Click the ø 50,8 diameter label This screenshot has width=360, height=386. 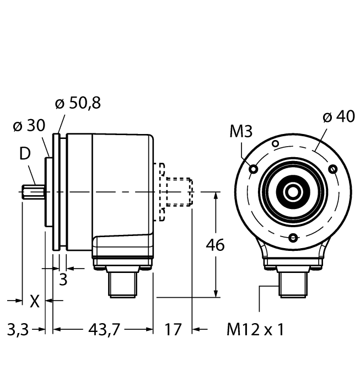pyautogui.click(x=78, y=104)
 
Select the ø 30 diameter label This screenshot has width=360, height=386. pyautogui.click(x=29, y=126)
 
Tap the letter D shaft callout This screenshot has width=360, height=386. pyautogui.click(x=25, y=154)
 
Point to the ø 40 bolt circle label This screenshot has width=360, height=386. pyautogui.click(x=339, y=116)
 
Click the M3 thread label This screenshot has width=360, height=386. pyautogui.click(x=241, y=131)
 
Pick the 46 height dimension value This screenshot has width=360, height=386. pyautogui.click(x=216, y=245)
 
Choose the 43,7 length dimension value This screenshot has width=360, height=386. pyautogui.click(x=104, y=329)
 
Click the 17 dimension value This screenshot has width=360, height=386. pyautogui.click(x=173, y=329)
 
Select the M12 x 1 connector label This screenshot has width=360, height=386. pyautogui.click(x=255, y=329)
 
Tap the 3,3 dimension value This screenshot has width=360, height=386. pyautogui.click(x=18, y=329)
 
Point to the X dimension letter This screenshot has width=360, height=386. pyautogui.click(x=35, y=301)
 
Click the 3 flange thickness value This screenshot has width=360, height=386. pyautogui.click(x=63, y=280)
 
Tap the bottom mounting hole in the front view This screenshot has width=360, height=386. pyautogui.click(x=293, y=238)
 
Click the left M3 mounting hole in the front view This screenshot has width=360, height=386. pyautogui.click(x=254, y=169)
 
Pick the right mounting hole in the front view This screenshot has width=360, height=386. pyautogui.click(x=333, y=169)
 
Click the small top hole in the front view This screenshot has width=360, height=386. pyautogui.click(x=276, y=143)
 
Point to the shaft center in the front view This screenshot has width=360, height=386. pyautogui.click(x=293, y=192)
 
